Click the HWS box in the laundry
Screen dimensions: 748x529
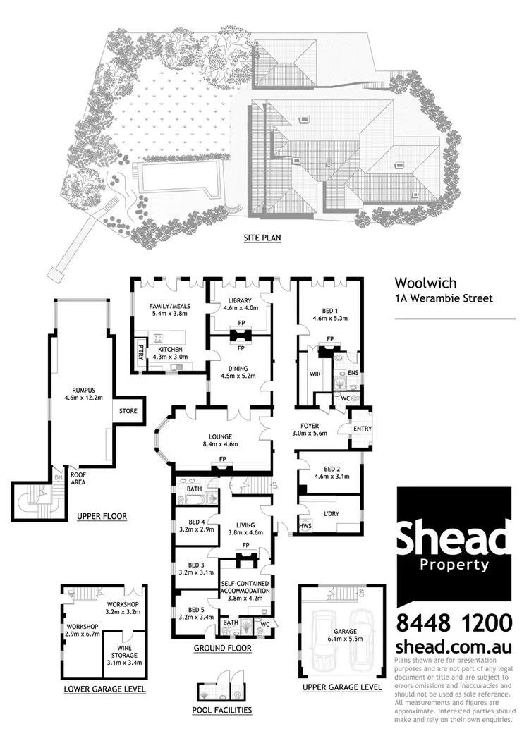click(x=305, y=525)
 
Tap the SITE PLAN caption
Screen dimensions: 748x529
click(x=262, y=238)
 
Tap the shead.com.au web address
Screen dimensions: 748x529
click(x=453, y=647)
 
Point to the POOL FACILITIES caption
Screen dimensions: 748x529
click(x=221, y=710)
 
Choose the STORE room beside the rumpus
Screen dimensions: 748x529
click(x=128, y=410)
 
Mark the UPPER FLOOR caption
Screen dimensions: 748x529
click(x=102, y=516)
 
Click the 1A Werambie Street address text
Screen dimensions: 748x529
click(x=444, y=299)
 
